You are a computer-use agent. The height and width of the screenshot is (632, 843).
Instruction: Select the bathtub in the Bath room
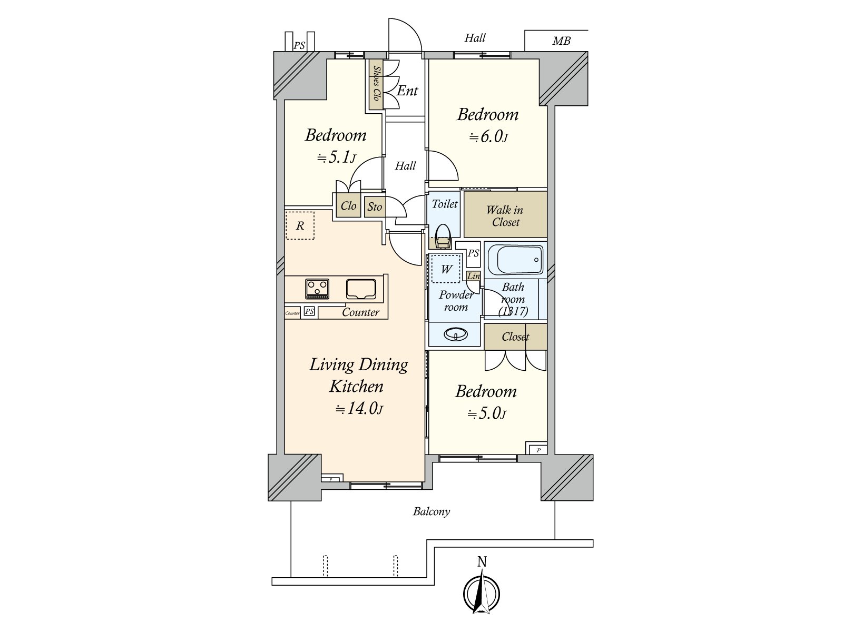point(515,260)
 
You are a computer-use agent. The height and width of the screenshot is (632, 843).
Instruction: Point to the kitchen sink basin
point(360,289)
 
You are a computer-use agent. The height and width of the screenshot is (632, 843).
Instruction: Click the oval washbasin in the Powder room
point(456,334)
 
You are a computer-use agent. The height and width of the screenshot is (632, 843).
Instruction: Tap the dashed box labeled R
point(300,225)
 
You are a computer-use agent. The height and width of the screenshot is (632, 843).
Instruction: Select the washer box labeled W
point(446,269)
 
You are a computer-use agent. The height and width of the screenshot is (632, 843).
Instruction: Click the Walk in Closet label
point(505,216)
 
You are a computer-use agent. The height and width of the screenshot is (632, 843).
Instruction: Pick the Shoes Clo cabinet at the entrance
point(376,84)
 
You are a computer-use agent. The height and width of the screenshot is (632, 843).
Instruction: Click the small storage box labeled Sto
point(375,206)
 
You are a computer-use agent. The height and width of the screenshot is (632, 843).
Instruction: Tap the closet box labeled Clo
point(348,206)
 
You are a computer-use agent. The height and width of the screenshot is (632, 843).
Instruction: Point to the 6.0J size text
point(488,137)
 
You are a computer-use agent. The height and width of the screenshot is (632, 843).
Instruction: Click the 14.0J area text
point(359,409)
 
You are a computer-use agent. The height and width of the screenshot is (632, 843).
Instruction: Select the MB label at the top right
point(561,41)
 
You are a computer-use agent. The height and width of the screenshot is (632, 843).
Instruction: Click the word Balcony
point(431,511)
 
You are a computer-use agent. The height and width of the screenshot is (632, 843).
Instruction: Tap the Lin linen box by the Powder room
point(474,276)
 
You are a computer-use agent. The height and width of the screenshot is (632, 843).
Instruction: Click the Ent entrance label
point(407,91)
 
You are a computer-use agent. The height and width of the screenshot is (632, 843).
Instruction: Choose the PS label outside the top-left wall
point(299,46)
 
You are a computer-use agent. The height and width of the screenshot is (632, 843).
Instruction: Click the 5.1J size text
point(336,157)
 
